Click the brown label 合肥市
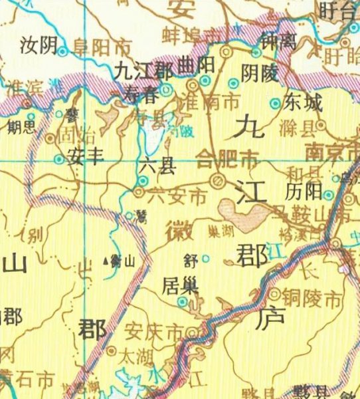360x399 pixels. pyautogui.click(x=227, y=158)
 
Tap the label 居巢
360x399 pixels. pyautogui.click(x=179, y=286)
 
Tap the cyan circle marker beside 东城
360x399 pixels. pyautogui.click(x=276, y=103)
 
